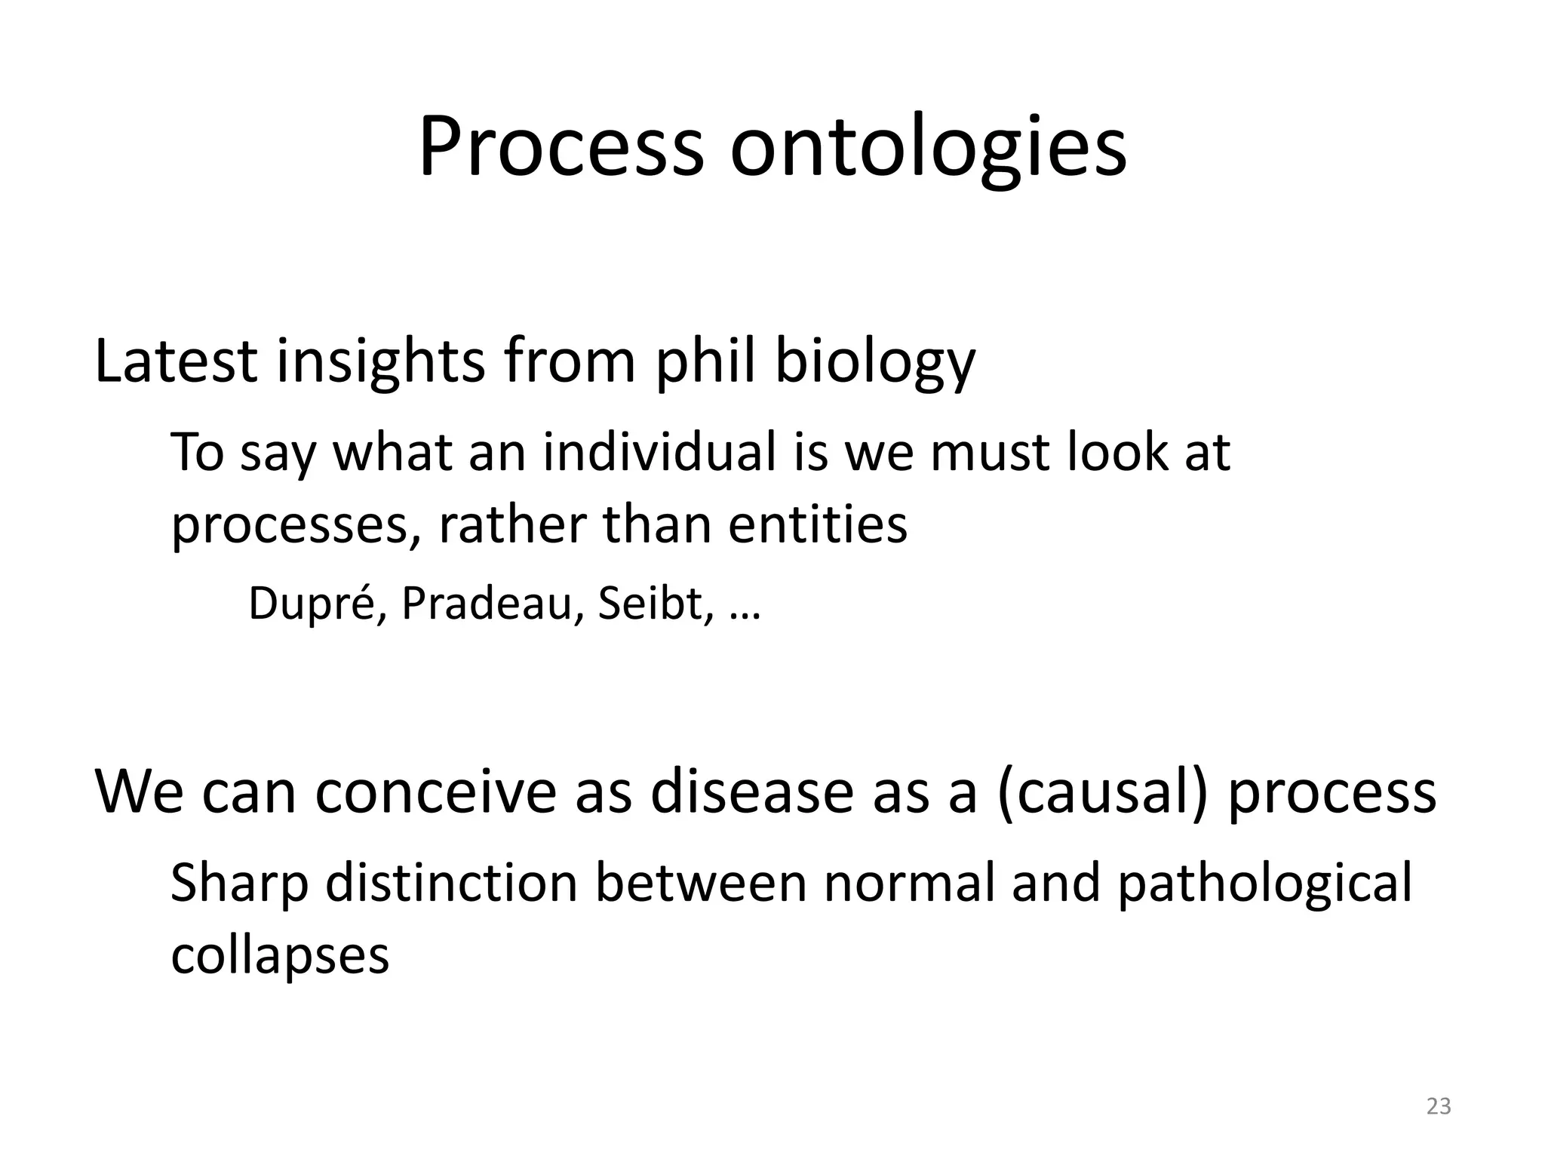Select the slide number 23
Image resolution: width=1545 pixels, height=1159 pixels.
click(x=1439, y=1106)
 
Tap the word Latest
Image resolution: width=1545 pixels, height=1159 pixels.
click(x=177, y=361)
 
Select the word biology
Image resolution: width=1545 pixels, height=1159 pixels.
click(x=875, y=362)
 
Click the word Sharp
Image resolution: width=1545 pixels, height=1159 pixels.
click(x=239, y=884)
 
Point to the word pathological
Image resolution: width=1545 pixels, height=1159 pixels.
click(x=1264, y=884)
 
